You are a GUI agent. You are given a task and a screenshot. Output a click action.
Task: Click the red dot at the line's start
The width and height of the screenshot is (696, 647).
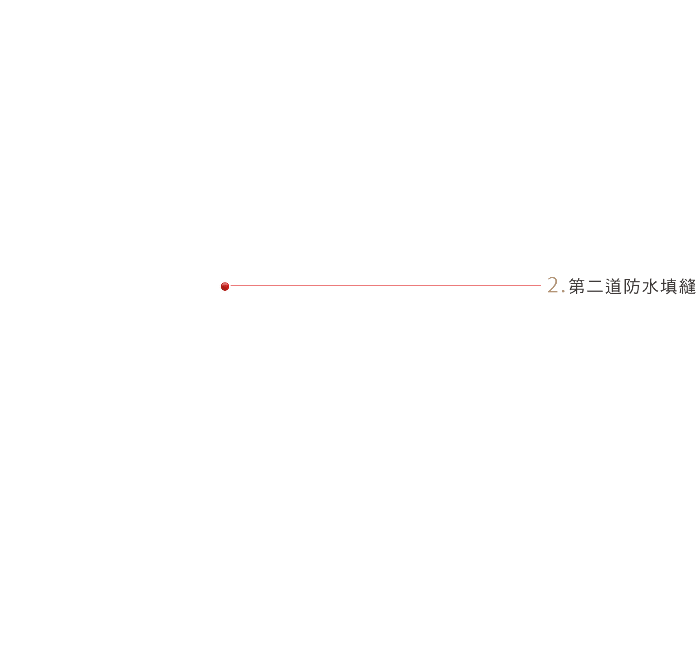tap(225, 286)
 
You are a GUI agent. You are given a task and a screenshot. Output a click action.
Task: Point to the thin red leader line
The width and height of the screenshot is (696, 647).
tap(385, 286)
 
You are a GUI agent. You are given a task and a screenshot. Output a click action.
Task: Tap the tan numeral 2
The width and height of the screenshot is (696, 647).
tap(553, 285)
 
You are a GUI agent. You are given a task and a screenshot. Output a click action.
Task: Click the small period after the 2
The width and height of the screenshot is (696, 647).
tap(564, 292)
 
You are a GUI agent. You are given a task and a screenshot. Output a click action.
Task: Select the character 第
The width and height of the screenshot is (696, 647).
tap(577, 286)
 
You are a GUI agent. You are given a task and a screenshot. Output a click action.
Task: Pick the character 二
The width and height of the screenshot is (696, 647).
tap(595, 286)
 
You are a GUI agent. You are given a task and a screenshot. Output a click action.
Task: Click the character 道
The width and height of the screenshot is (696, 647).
tap(613, 286)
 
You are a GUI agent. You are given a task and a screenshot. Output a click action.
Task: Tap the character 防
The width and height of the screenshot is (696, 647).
tap(632, 286)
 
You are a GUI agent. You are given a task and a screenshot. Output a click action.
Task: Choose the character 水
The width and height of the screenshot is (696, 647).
tap(650, 286)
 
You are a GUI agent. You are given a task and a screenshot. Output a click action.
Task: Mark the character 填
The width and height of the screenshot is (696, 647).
tap(669, 286)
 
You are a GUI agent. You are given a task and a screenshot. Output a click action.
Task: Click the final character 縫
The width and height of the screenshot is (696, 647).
tap(687, 286)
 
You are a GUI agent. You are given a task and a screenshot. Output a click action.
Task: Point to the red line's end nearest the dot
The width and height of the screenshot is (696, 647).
tap(231, 286)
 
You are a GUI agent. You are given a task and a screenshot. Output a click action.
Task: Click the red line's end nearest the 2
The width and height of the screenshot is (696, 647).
tap(540, 286)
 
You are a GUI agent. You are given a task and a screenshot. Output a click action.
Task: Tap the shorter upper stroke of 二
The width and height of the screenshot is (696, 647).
tap(595, 281)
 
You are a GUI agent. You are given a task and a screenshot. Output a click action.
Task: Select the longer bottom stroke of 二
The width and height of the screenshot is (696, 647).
tap(595, 292)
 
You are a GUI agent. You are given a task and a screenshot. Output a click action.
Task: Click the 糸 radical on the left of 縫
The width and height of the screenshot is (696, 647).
tap(683, 286)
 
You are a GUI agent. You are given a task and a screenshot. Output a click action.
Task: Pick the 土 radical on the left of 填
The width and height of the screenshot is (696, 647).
tap(664, 287)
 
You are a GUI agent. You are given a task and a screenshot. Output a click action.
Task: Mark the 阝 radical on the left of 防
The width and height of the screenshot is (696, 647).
tap(627, 286)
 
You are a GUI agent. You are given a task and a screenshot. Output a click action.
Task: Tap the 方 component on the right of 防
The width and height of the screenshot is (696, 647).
tap(635, 286)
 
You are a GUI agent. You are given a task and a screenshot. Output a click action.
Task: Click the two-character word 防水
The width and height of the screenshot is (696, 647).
tap(641, 286)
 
